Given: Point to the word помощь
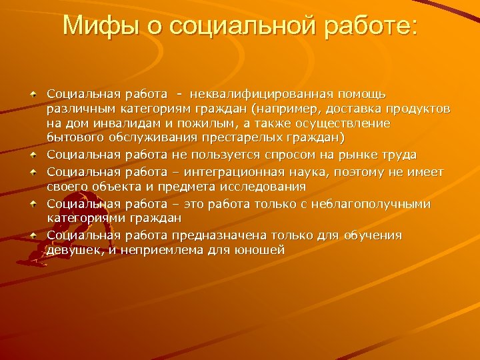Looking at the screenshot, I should [367, 93].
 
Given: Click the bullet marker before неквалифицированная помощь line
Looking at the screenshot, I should [33, 94].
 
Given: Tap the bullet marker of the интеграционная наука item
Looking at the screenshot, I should [33, 173].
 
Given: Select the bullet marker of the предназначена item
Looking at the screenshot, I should [33, 235].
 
